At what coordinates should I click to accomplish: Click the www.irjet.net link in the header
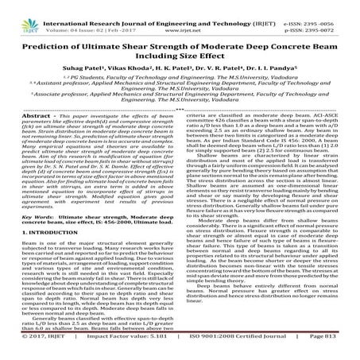click(180, 14)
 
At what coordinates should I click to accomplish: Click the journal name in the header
click(180, 6)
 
